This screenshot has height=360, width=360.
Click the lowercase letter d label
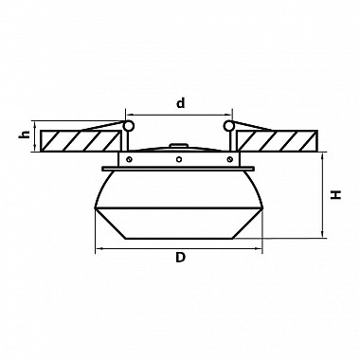[180, 103]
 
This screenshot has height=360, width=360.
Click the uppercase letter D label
[180, 258]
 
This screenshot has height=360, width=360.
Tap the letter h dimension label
[25, 135]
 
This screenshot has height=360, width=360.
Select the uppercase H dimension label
[336, 194]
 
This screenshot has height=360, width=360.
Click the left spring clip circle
[128, 126]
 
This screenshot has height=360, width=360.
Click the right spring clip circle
[228, 126]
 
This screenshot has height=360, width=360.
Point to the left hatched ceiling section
[81, 141]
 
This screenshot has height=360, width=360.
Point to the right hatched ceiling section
[278, 141]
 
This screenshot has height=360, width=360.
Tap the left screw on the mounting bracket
[129, 159]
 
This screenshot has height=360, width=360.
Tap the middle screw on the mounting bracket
[179, 159]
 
